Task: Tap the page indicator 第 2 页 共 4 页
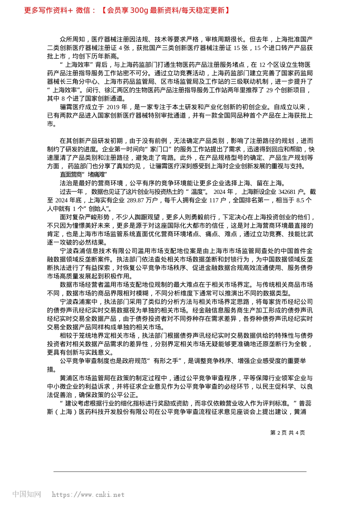click(288, 432)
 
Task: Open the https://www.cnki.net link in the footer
click(88, 495)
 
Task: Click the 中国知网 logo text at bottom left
click(27, 494)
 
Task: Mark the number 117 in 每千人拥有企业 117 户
click(214, 200)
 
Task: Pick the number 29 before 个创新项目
click(269, 90)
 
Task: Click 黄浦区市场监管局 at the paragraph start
click(85, 378)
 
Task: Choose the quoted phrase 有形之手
click(166, 361)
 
